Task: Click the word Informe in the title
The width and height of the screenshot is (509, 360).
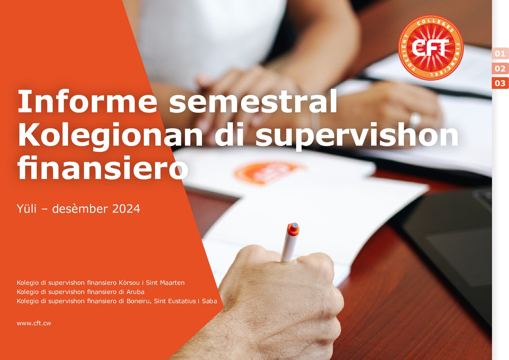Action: (87, 101)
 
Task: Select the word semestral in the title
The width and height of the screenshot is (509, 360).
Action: (253, 101)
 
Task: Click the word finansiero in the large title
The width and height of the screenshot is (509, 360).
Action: (103, 168)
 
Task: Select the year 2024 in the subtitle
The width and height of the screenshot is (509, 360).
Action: (126, 209)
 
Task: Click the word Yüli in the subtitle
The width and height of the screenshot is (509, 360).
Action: (27, 209)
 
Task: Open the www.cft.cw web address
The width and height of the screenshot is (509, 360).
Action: (34, 323)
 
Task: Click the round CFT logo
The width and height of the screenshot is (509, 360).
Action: (430, 48)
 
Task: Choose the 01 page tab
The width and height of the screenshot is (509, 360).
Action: (500, 54)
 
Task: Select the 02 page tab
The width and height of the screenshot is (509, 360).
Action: (500, 68)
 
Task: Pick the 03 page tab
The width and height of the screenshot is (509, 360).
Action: (500, 83)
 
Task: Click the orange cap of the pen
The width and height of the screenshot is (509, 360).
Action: (293, 229)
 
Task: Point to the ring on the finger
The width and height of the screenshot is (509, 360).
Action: (415, 120)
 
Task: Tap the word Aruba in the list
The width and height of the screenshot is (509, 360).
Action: (135, 292)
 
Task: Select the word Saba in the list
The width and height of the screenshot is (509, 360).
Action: (209, 301)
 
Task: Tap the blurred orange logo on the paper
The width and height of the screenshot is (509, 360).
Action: (267, 173)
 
